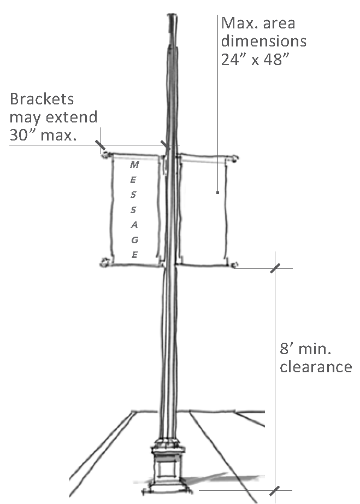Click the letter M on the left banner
[134, 164]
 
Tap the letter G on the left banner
[135, 239]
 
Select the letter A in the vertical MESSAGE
[135, 225]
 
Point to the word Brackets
[42, 99]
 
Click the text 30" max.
[43, 135]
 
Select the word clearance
[316, 367]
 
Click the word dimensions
[263, 41]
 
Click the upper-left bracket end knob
[105, 155]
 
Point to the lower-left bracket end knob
[104, 263]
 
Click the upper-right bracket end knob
[235, 159]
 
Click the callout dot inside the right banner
[217, 192]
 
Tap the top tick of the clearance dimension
[275, 268]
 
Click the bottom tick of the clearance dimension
[275, 490]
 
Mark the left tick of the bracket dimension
[101, 145]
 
